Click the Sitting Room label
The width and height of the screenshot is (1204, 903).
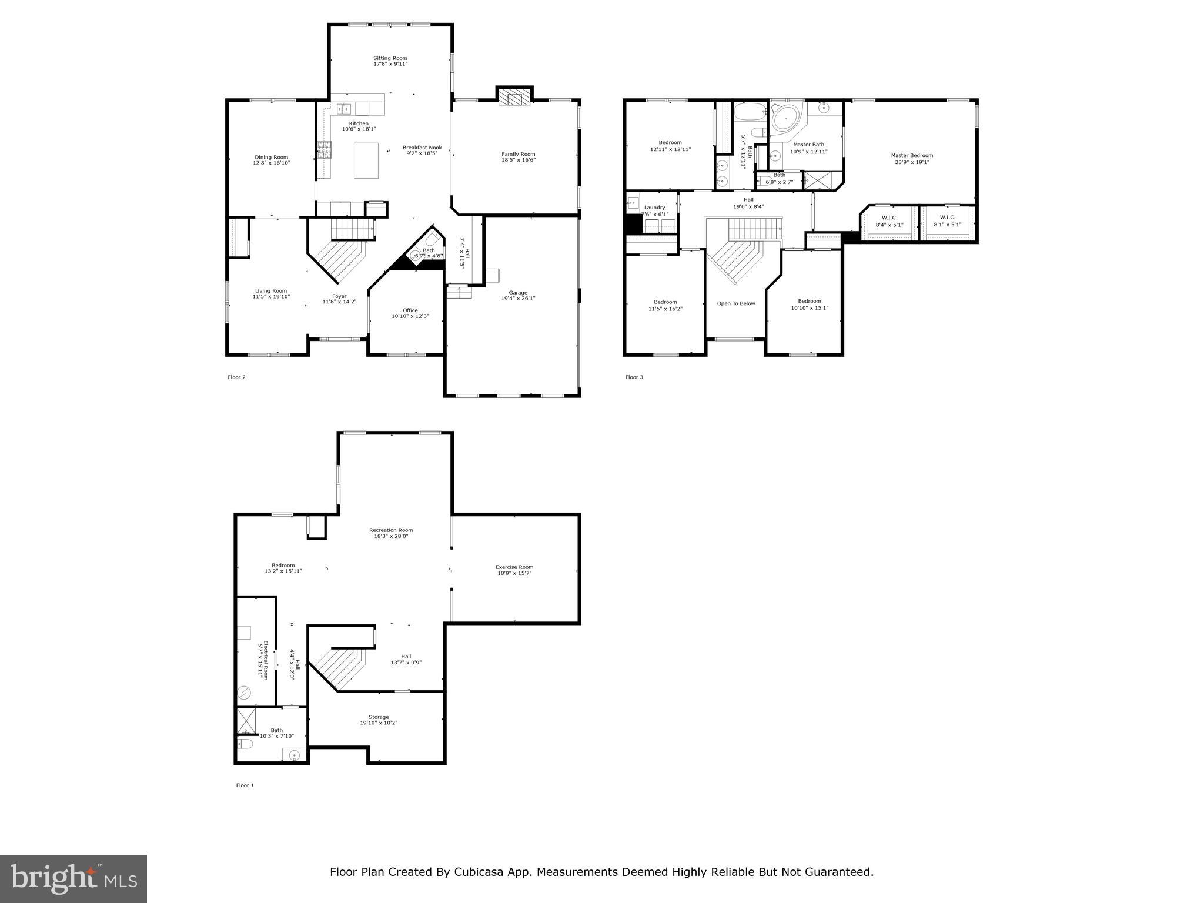[x=390, y=58]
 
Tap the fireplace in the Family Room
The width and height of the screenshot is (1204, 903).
[x=514, y=98]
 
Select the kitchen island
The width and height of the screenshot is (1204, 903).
[x=366, y=160]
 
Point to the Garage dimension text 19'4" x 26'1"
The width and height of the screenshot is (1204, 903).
[x=518, y=299]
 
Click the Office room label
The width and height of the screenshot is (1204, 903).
[x=410, y=310]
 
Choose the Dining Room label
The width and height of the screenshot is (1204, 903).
[x=272, y=157]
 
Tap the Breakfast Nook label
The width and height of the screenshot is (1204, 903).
[x=422, y=148]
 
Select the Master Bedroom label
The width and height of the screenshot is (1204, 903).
[x=912, y=156]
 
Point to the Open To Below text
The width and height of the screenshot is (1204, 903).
[x=736, y=303]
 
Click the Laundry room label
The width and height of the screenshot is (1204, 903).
[x=654, y=208]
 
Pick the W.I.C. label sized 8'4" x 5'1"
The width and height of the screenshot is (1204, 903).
[x=889, y=218]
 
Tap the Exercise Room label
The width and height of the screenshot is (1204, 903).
[x=514, y=567]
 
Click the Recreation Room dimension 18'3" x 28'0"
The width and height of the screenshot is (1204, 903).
[x=391, y=536]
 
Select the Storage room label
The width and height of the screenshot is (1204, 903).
[x=379, y=717]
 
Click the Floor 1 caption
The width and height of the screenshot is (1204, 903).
[x=245, y=785]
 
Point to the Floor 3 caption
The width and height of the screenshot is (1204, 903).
[x=634, y=377]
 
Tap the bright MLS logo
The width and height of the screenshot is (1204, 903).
[x=73, y=878]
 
